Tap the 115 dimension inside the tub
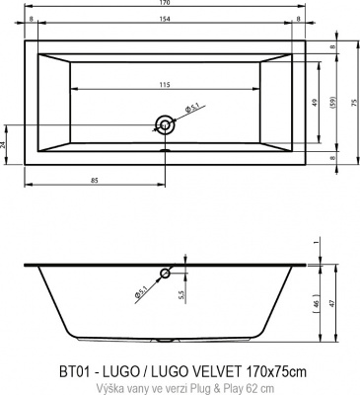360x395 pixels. click(164, 84)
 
